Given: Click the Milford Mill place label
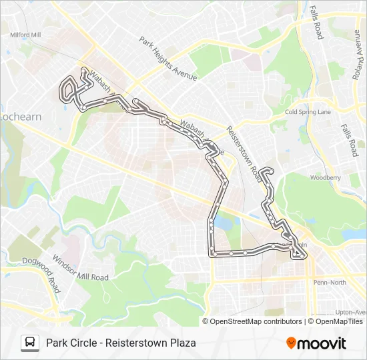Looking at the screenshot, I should click(26, 35).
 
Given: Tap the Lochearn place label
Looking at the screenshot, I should click(21, 117).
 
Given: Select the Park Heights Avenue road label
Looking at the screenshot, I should click(167, 59).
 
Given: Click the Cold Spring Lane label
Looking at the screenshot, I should click(308, 112).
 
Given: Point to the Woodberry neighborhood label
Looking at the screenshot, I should click(325, 178).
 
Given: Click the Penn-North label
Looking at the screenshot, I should click(329, 282).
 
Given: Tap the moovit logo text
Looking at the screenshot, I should click(322, 343).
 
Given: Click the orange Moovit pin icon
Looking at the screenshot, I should click(291, 343).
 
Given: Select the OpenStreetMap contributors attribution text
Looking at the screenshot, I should click(256, 321).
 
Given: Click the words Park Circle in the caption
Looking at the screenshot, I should click(69, 343).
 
